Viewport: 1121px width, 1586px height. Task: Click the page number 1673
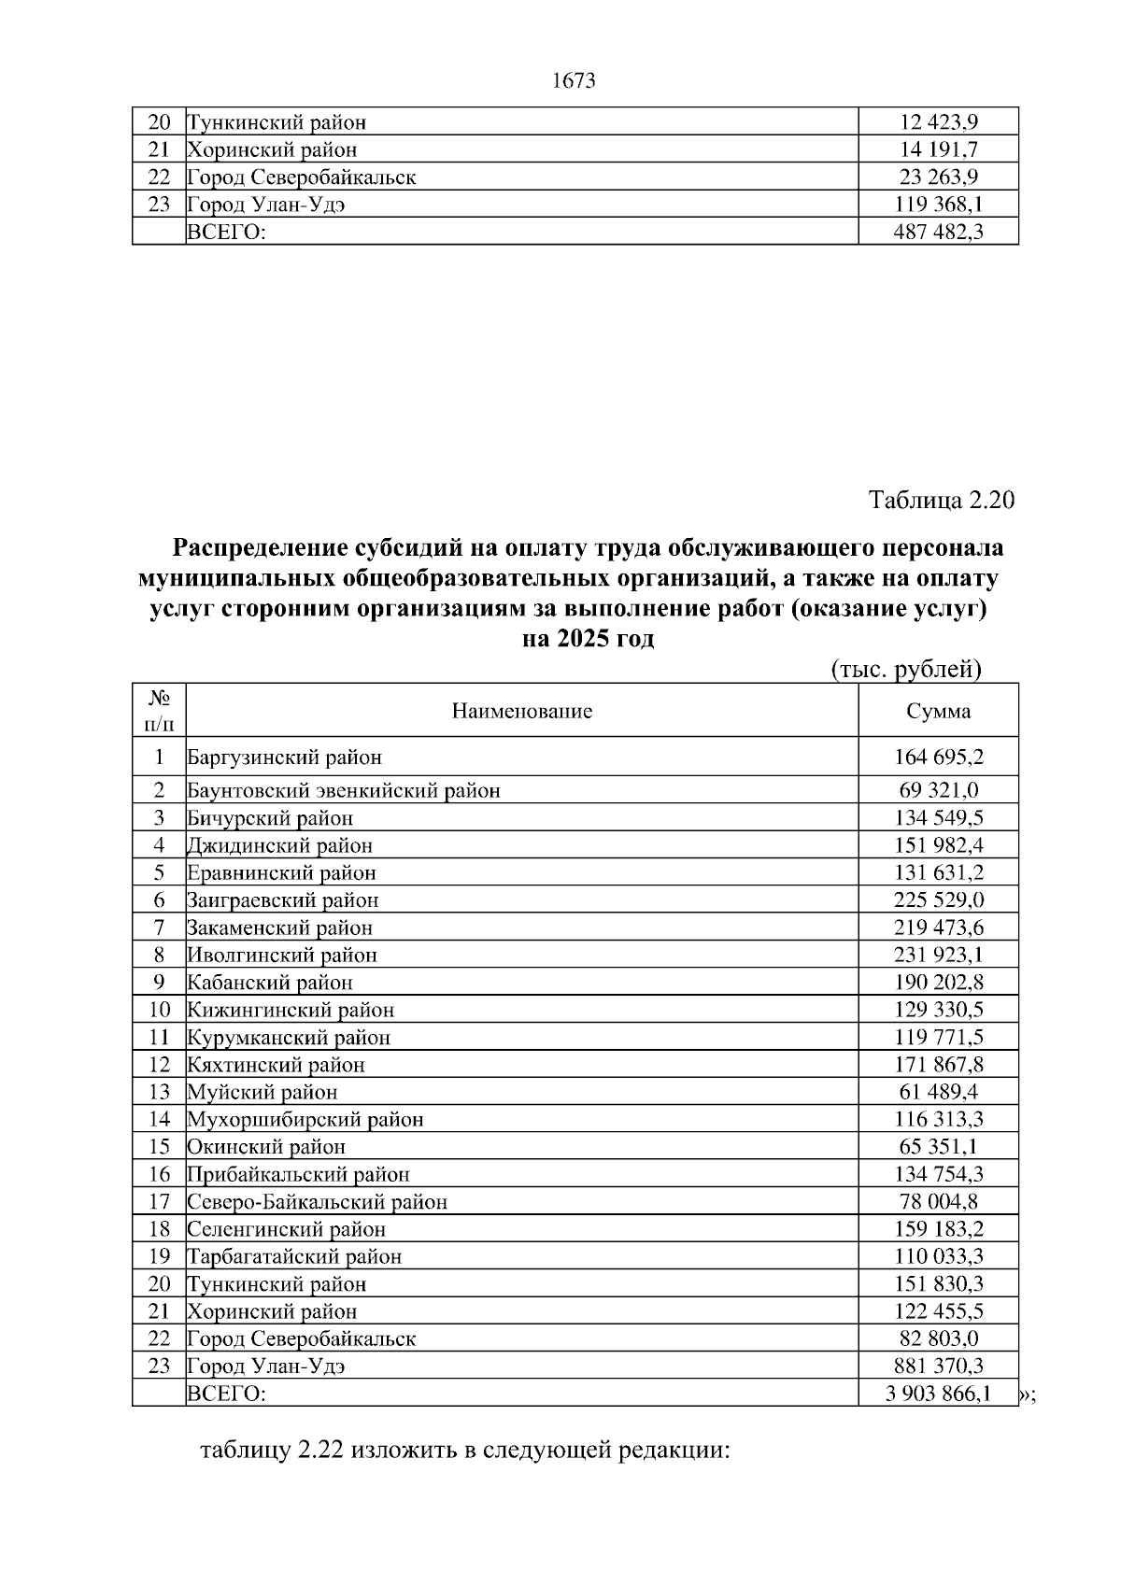click(574, 81)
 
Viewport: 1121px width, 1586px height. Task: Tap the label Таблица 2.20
click(942, 500)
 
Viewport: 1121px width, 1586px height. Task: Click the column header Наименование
click(522, 712)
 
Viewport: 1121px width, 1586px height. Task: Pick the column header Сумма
click(938, 712)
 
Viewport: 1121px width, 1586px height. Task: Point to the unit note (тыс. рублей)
click(905, 669)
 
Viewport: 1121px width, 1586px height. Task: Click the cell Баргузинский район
click(285, 758)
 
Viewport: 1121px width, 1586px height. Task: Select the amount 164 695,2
click(938, 758)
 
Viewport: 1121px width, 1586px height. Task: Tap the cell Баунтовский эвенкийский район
click(344, 791)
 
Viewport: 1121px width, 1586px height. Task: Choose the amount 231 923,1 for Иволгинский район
click(938, 956)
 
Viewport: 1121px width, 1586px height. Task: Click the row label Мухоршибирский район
click(305, 1120)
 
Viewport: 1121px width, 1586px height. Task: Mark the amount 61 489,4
click(938, 1092)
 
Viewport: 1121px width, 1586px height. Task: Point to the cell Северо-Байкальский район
click(318, 1202)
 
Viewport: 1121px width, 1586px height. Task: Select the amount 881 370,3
click(938, 1367)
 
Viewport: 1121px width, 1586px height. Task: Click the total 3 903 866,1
click(938, 1395)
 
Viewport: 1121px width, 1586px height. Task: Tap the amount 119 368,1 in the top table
click(938, 205)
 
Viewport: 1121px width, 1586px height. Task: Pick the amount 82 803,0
click(938, 1338)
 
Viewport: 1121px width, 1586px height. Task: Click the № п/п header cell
click(159, 711)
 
